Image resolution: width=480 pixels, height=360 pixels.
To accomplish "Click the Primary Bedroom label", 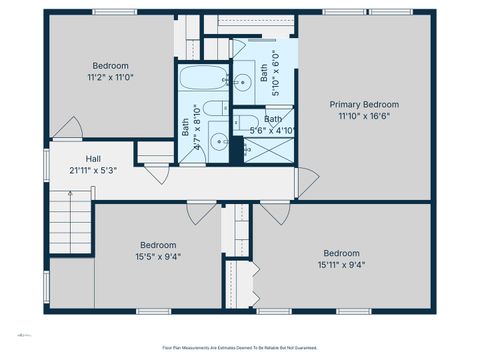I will (x=365, y=104).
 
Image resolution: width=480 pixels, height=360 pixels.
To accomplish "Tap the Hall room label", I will (x=93, y=158).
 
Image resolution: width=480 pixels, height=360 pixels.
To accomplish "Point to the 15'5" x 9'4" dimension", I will (x=158, y=256).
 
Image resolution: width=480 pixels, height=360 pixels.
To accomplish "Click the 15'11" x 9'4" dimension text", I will (x=342, y=264).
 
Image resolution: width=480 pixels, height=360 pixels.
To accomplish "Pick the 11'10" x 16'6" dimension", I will (x=365, y=116).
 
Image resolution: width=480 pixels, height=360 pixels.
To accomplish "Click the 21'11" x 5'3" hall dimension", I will (x=93, y=169).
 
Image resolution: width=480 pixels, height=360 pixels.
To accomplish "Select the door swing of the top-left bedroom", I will (x=68, y=129).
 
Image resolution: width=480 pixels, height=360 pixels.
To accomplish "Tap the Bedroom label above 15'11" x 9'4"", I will (x=342, y=252).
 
